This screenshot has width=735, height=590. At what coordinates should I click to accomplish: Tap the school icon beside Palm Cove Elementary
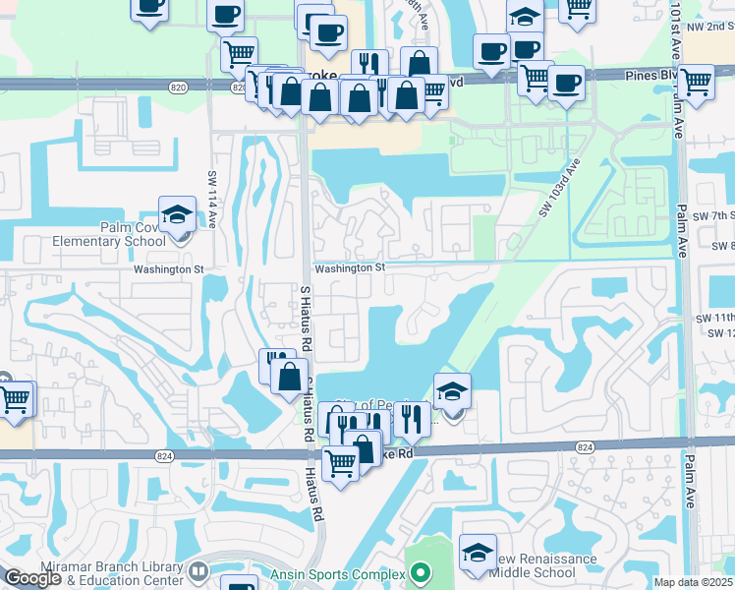pos(177,214)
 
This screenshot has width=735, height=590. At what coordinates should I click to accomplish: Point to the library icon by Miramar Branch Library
pos(198,571)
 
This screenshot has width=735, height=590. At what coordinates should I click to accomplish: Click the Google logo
pos(32,578)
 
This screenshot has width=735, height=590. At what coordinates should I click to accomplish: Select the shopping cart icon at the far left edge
pos(16,399)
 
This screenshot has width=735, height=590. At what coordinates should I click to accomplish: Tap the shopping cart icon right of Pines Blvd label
pos(696,83)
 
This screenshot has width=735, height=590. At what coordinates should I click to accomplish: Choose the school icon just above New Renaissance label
pos(478,552)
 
